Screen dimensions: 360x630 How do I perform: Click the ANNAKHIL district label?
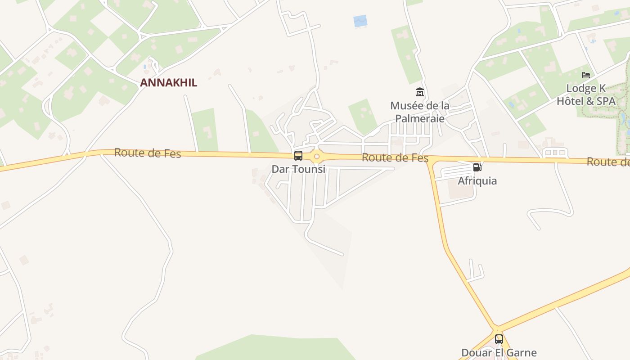(x=168, y=83)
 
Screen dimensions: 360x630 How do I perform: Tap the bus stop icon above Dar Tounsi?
(x=298, y=156)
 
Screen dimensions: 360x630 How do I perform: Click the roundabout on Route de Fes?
(x=317, y=157)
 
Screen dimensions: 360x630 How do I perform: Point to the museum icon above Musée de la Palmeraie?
(x=420, y=92)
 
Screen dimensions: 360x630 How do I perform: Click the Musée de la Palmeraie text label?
(x=420, y=112)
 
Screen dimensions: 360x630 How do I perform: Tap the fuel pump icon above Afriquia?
(x=477, y=167)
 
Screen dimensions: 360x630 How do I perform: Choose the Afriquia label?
(x=477, y=181)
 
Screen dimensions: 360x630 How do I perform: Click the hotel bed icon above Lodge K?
(x=585, y=75)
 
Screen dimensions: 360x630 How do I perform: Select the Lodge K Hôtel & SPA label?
(x=586, y=94)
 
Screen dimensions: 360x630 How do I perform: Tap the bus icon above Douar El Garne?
(x=499, y=339)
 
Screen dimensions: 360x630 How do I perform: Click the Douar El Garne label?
(x=499, y=352)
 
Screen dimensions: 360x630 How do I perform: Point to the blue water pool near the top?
(x=360, y=21)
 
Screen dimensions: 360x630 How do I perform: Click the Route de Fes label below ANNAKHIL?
(x=148, y=153)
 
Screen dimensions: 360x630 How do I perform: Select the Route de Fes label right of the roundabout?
(x=395, y=158)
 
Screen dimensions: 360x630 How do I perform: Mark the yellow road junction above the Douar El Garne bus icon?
(x=496, y=328)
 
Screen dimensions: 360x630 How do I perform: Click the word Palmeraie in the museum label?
(x=420, y=119)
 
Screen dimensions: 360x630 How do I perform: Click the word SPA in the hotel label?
(x=606, y=101)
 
